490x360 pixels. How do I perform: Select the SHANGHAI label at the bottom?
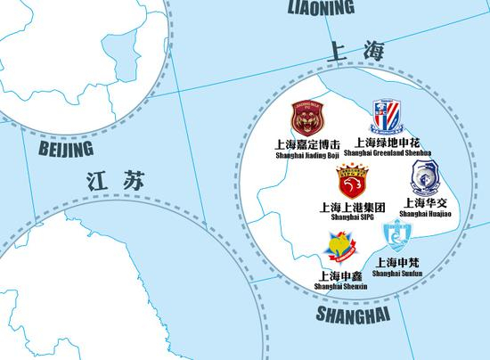point(354,315)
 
